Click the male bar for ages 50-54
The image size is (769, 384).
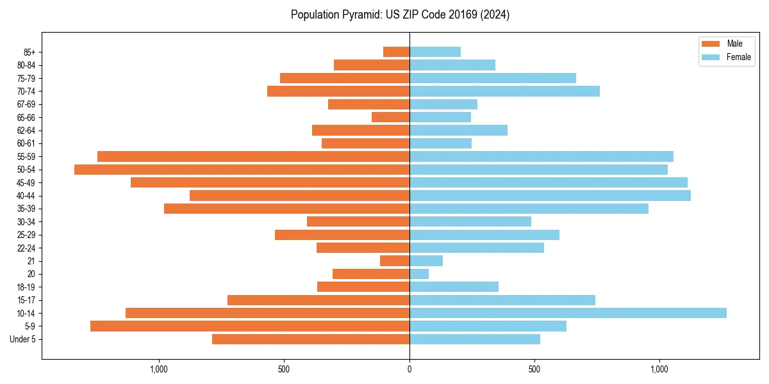pos(242,170)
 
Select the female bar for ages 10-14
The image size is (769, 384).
pos(568,313)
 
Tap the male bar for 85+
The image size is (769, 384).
pos(396,52)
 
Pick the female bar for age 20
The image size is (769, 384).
pos(419,274)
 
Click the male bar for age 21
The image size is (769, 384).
pos(395,261)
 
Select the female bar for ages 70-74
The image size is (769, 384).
pos(504,92)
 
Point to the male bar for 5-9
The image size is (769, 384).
pos(250,326)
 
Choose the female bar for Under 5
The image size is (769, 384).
pos(475,339)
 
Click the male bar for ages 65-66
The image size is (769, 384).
pos(390,117)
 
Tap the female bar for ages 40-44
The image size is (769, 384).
pos(550,196)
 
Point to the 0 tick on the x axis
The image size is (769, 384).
pos(409,369)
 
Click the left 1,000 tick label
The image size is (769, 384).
pos(158,369)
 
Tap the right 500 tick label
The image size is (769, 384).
pos(534,369)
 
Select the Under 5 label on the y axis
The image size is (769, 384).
pos(22,339)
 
